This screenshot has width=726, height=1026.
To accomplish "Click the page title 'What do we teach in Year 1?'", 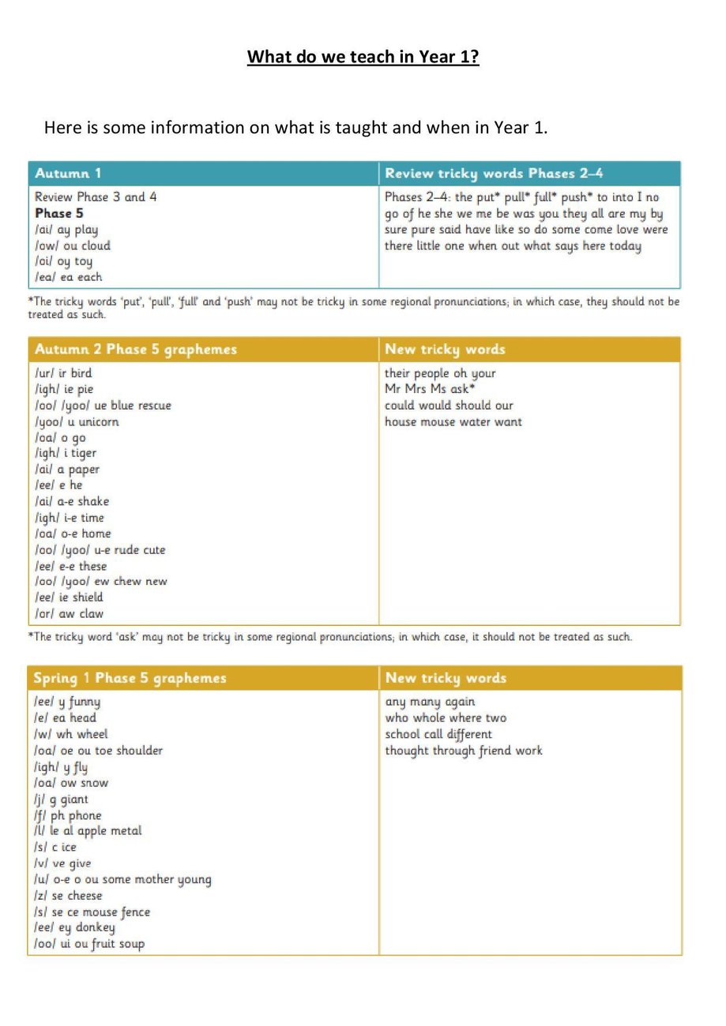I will click(x=363, y=58).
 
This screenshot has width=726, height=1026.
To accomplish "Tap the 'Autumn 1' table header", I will click(x=68, y=174).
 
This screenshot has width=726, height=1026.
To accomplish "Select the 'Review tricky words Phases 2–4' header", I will click(x=494, y=174).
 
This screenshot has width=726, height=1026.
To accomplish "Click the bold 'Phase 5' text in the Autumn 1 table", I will click(x=59, y=213).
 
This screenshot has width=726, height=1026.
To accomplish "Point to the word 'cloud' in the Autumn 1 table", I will click(x=94, y=245).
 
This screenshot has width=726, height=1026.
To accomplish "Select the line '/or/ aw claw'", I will click(x=70, y=613).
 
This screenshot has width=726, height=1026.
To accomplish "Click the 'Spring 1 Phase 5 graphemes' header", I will click(x=130, y=678).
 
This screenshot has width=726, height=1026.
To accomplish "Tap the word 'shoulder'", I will click(x=134, y=751).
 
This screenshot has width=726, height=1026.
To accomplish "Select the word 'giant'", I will click(x=74, y=799).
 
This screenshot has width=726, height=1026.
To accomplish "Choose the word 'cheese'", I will click(x=85, y=896).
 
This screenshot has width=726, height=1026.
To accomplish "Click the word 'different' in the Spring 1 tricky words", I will click(x=464, y=734).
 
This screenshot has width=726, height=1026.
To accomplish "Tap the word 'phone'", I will click(x=85, y=815).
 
